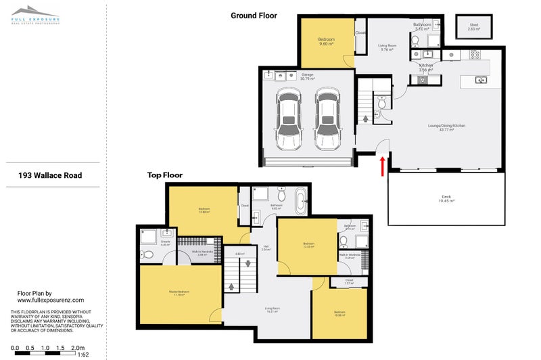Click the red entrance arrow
(384, 164)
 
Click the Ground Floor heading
(254, 15)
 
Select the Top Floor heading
(165, 175)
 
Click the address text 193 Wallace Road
(50, 175)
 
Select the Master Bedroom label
(179, 292)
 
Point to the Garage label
(308, 76)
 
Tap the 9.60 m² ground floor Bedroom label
(327, 42)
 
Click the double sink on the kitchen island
(481, 81)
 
